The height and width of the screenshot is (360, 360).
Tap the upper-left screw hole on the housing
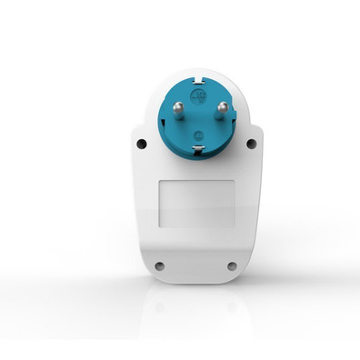click(x=140, y=144)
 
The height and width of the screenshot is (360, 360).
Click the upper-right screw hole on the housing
click(x=255, y=144)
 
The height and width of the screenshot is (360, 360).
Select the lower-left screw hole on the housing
click(x=159, y=266)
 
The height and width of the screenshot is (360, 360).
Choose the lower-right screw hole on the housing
click(x=232, y=266)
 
